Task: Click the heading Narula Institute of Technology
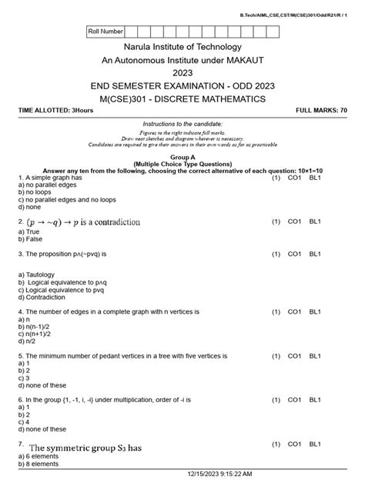tap(182, 48)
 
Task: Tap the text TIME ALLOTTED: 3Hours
tap(54, 112)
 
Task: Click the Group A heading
tap(182, 156)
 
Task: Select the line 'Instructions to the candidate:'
tap(182, 124)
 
